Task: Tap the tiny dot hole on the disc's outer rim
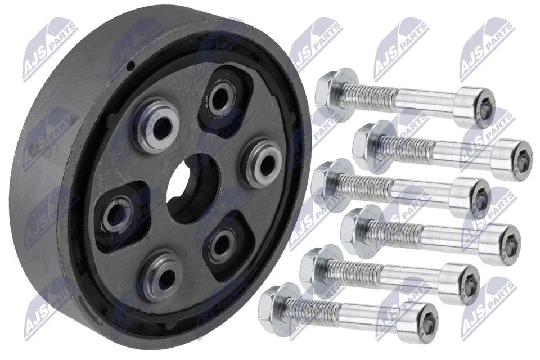point(130,66)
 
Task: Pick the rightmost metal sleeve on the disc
point(262,163)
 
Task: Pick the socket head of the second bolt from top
point(512,160)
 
